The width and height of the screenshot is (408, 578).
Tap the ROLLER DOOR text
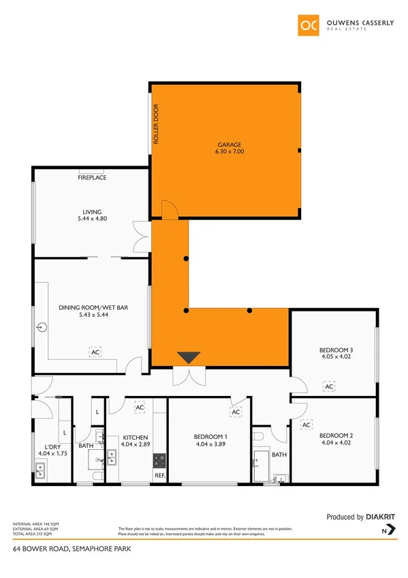click(x=156, y=123)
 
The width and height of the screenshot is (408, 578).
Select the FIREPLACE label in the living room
click(x=93, y=178)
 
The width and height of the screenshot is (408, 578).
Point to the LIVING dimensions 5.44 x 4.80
click(x=93, y=219)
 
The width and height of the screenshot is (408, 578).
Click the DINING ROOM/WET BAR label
click(x=94, y=307)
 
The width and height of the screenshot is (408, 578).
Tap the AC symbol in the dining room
click(x=94, y=352)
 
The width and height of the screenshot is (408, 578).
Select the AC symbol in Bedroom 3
click(x=329, y=386)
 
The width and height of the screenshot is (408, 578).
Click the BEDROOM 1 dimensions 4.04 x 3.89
click(x=210, y=444)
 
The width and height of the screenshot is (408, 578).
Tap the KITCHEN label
click(x=136, y=437)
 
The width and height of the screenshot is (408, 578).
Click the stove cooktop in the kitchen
click(x=159, y=460)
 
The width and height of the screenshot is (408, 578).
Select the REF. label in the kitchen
click(x=159, y=475)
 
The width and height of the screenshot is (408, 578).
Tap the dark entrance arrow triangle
click(x=189, y=357)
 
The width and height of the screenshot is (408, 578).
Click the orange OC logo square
click(x=308, y=26)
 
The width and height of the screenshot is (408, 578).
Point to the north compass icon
click(x=386, y=530)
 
